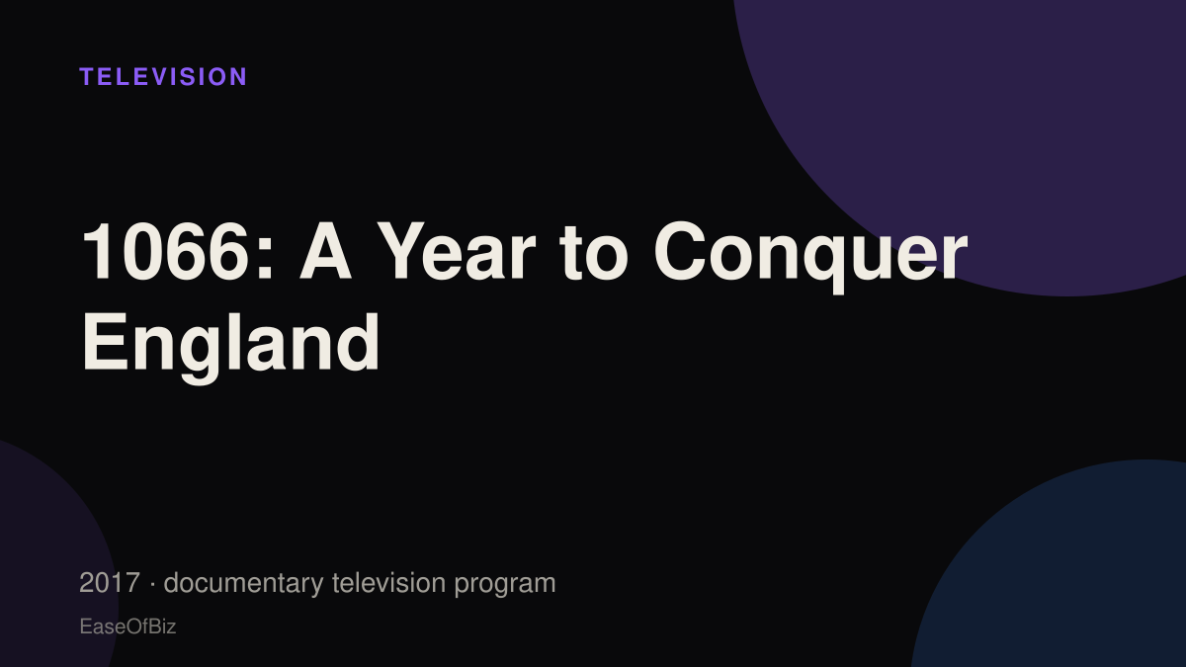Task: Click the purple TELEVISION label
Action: (x=163, y=77)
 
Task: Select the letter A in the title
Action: (x=325, y=251)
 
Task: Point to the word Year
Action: (x=456, y=251)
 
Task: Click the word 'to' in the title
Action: (x=594, y=254)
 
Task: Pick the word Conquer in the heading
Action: (x=810, y=256)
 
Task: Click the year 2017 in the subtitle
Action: (x=110, y=583)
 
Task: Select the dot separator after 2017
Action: (x=152, y=584)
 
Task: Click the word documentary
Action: (x=243, y=584)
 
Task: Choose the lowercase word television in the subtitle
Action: (x=388, y=583)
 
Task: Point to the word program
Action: (x=505, y=585)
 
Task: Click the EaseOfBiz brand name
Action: (x=127, y=626)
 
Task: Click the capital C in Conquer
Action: (x=678, y=251)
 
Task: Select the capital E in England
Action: (x=106, y=343)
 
